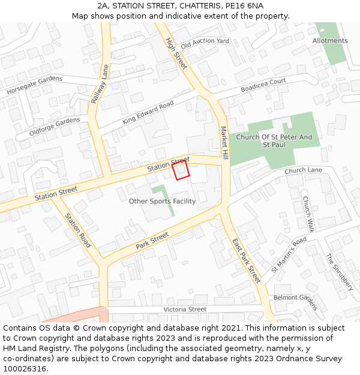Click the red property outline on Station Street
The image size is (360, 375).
pos(181,170)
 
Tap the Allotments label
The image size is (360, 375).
pos(329,41)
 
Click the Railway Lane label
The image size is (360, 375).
pos(100,84)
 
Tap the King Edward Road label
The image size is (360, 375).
pos(148,113)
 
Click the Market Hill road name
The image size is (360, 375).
pos(224,142)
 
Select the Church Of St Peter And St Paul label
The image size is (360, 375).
pos(274,141)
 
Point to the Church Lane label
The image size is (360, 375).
pos(303,171)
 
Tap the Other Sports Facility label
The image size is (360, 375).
pos(162,201)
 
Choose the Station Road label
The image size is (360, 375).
pos(78,230)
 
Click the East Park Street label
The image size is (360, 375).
pos(246,260)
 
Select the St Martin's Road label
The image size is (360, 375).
pos(289,254)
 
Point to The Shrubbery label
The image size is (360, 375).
pos(340,272)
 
